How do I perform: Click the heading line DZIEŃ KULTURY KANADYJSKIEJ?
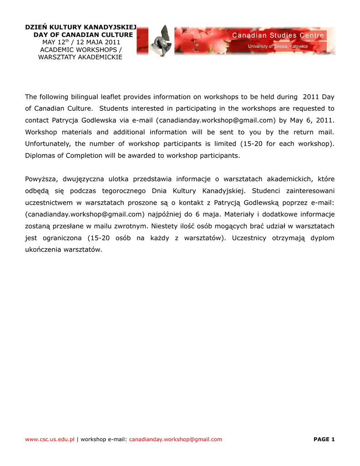tap(81, 28)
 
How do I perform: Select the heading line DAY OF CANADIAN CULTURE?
tap(83, 35)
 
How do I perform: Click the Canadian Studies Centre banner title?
tap(278, 35)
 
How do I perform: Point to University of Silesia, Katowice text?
tap(278, 46)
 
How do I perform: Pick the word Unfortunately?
tap(48, 144)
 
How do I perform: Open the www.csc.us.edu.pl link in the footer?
tap(50, 439)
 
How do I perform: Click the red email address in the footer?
tap(176, 439)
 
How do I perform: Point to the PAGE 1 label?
tap(324, 439)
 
